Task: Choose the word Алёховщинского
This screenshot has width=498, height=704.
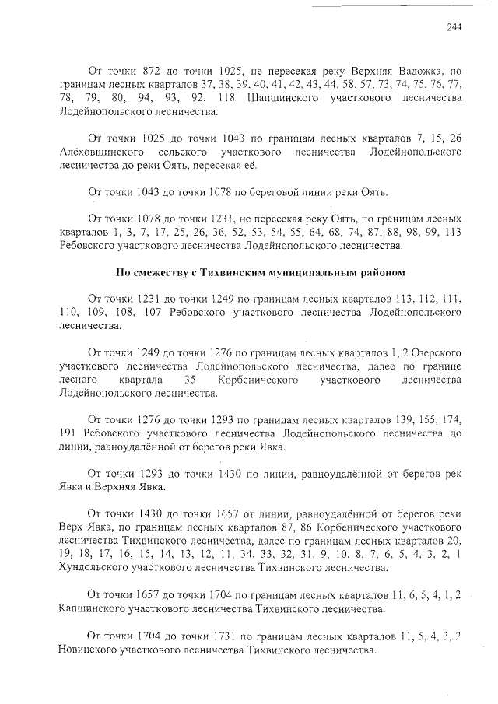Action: [x=100, y=152]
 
